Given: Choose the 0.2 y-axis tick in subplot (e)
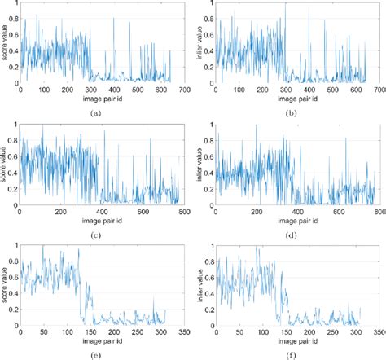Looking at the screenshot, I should (x=14, y=310).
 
